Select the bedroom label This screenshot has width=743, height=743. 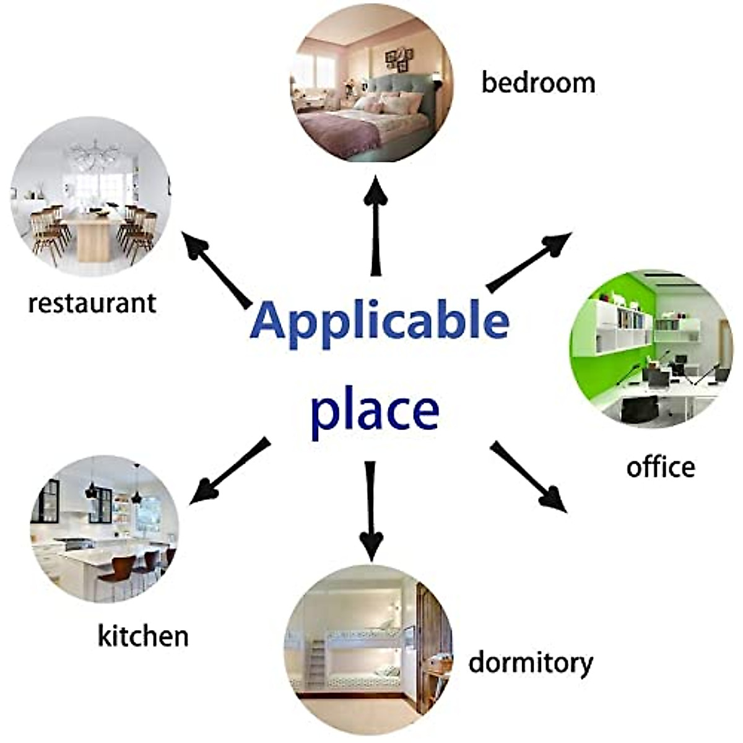538,83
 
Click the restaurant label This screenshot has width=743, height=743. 92,303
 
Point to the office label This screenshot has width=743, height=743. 660,467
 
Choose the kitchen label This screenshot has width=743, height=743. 143,636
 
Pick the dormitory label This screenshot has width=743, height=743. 530,663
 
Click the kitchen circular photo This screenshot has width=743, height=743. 105,529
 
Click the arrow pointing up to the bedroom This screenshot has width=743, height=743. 375,226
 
